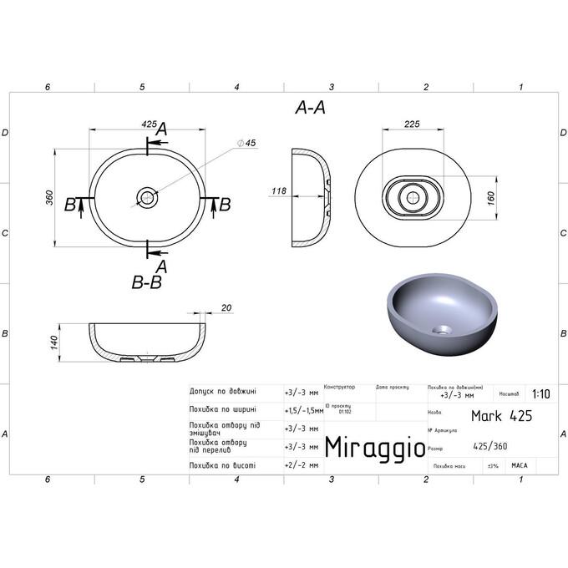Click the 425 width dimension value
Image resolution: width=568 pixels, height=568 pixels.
tap(149, 124)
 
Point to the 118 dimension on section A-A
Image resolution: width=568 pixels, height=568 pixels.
tap(278, 191)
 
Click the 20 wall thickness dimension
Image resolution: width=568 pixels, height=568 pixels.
tap(226, 307)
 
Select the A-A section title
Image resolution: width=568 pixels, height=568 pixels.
tap(310, 108)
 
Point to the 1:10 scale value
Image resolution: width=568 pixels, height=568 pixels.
tap(540, 394)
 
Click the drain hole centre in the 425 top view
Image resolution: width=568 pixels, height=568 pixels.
tap(147, 198)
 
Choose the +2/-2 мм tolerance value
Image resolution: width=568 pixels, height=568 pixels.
tap(302, 464)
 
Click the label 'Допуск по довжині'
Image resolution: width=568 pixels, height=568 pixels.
tap(223, 391)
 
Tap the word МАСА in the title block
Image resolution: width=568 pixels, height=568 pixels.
tap(519, 465)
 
